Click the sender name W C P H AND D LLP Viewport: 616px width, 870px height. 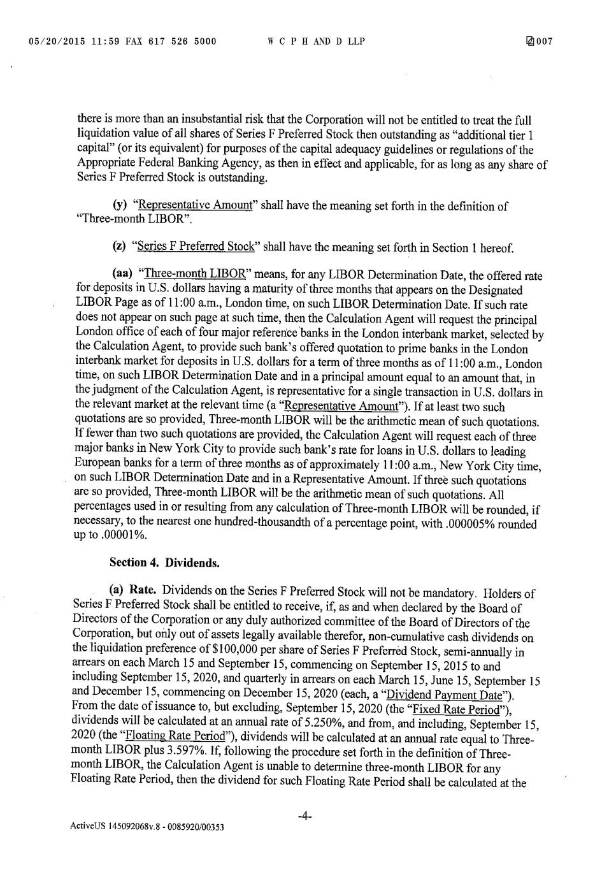[x=317, y=42]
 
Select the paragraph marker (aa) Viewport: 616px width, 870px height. [x=122, y=274]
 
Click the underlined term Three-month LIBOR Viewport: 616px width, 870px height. [x=195, y=274]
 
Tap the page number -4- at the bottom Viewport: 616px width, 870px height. [x=304, y=816]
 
